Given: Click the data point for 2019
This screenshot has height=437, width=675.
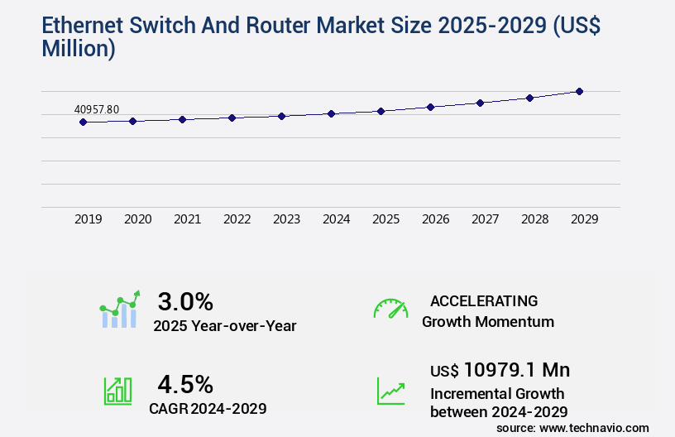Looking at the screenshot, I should click(x=83, y=122).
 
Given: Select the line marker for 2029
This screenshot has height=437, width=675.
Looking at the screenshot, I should click(x=579, y=91).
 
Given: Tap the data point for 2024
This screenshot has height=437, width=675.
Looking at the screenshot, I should click(x=331, y=113).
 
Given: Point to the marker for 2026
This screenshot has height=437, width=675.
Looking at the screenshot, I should click(x=430, y=107).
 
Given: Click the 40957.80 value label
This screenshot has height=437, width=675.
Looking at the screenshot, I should click(x=97, y=109).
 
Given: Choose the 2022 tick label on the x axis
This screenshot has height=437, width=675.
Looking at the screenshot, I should click(x=237, y=219).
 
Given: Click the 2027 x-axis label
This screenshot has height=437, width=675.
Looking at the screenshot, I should click(x=485, y=219).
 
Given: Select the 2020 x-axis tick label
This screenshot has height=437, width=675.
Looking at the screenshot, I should click(x=137, y=219).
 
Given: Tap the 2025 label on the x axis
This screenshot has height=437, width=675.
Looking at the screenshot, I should click(x=385, y=219).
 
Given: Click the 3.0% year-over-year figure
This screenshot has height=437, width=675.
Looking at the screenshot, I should click(x=185, y=301).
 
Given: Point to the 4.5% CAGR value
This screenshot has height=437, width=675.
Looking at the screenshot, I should click(x=185, y=384).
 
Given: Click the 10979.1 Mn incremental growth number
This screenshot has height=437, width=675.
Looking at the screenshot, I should click(x=516, y=369).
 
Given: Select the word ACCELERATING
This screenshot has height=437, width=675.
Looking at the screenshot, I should click(x=484, y=301).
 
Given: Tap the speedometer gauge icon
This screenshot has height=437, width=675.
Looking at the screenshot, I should click(x=390, y=309).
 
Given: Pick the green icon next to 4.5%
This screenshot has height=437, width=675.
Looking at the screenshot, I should click(x=117, y=391).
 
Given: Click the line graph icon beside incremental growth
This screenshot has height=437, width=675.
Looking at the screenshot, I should click(x=390, y=391).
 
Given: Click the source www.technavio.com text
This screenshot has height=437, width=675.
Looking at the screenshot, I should click(x=572, y=428).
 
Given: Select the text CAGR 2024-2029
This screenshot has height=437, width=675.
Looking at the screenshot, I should click(x=208, y=408).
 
